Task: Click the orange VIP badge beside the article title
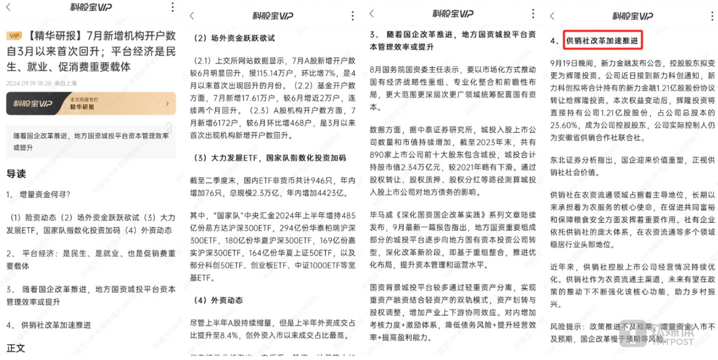point(14,36)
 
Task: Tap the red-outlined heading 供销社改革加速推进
point(602,40)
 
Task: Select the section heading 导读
point(16,174)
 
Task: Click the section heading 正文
point(16,348)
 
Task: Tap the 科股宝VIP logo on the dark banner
point(33,104)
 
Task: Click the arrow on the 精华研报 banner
point(167,104)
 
